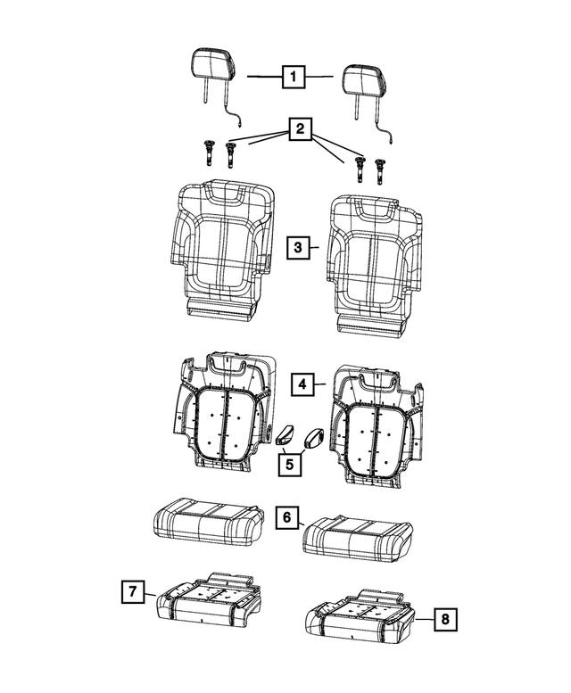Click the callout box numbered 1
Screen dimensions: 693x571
click(291, 78)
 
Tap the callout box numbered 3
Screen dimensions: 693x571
click(299, 247)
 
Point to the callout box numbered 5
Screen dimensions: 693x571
click(288, 463)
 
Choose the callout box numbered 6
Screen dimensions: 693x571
click(286, 518)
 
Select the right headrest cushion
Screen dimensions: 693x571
click(363, 78)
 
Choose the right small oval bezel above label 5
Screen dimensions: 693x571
click(315, 437)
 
